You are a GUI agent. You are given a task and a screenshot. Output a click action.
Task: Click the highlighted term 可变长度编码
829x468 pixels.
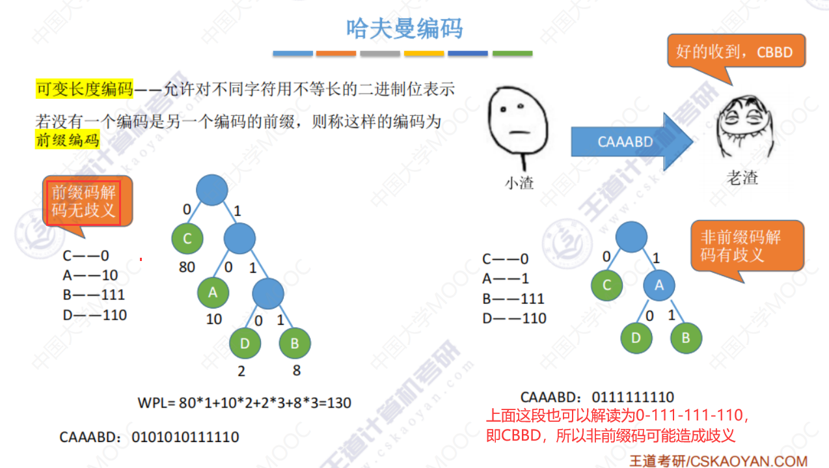pyautogui.click(x=84, y=89)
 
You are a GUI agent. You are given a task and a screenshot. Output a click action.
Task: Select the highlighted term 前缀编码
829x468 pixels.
pyautogui.click(x=67, y=139)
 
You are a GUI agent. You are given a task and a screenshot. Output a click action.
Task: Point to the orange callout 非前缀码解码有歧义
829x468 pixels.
pyautogui.click(x=741, y=245)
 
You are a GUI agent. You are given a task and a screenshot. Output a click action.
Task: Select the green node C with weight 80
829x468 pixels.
pyautogui.click(x=187, y=238)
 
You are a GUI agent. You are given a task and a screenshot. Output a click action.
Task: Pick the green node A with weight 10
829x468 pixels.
pyautogui.click(x=213, y=293)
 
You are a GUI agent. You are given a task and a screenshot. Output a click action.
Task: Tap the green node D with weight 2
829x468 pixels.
pyautogui.click(x=245, y=344)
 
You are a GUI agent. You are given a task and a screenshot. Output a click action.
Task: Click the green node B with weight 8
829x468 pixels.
pyautogui.click(x=295, y=344)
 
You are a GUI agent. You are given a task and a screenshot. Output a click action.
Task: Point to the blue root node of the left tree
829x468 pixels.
pyautogui.click(x=211, y=189)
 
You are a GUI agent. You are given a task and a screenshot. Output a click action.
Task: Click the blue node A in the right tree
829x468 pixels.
pyautogui.click(x=659, y=285)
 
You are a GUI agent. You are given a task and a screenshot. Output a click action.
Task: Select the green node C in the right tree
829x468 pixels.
pyautogui.click(x=607, y=285)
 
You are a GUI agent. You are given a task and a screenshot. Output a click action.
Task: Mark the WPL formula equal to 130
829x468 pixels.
pyautogui.click(x=245, y=402)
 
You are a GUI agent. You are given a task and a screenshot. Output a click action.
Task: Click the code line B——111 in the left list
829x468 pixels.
pyautogui.click(x=94, y=295)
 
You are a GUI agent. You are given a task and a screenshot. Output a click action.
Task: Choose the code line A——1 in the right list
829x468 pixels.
pyautogui.click(x=506, y=279)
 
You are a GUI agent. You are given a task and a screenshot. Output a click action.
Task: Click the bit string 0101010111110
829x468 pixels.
pyautogui.click(x=185, y=437)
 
